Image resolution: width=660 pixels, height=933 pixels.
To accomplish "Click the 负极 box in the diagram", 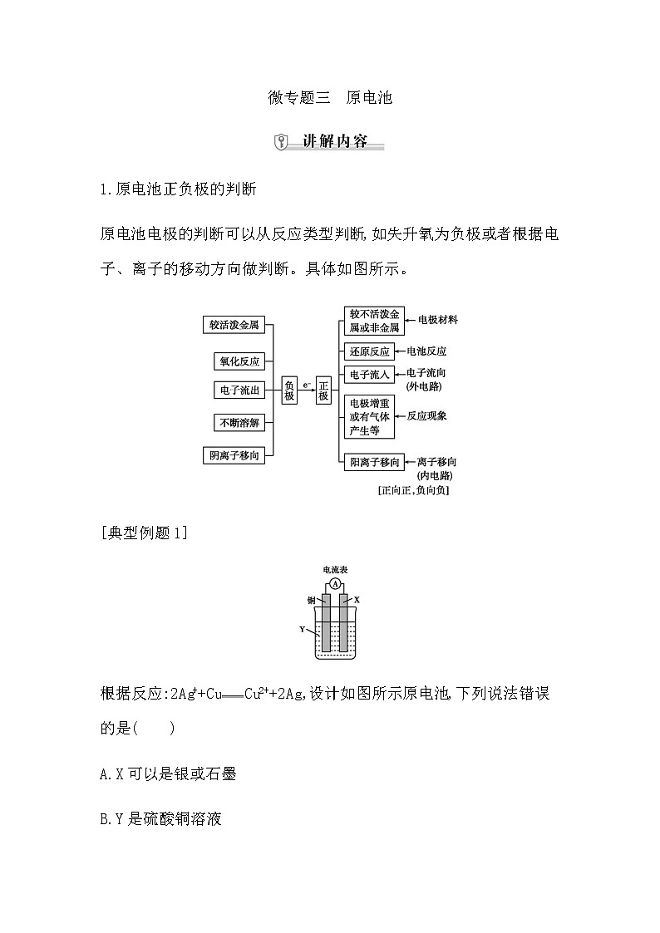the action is pos(289,390).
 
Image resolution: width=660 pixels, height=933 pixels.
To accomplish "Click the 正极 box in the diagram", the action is pos(324,390).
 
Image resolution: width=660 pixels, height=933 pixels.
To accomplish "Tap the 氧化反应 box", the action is pos(239,361).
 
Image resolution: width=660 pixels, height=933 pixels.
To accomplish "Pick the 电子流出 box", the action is pos(239,390).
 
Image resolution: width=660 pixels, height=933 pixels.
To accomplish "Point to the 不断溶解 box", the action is pos(239,422).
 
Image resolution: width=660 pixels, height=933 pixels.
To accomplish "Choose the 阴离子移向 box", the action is pos(234,455).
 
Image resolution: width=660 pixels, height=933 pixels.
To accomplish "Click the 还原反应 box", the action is pos(369,351).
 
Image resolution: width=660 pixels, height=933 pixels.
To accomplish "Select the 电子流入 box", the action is pos(369,375).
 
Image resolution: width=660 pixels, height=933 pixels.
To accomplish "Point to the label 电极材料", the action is pos(437,319).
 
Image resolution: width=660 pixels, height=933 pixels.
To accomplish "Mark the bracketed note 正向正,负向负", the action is pos(413,490).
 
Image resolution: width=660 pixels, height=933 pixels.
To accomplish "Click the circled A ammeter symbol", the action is pos(335,584).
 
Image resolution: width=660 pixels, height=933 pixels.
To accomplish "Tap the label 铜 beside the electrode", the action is pos(310,599).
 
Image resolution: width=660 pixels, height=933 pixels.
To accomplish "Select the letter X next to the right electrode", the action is pos(357,599).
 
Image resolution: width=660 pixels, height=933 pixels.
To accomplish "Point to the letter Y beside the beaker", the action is pos(303,629).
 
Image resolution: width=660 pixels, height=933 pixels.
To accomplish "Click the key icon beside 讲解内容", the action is pos(281,141).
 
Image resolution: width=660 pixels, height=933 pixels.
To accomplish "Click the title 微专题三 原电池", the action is pos(330,97).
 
